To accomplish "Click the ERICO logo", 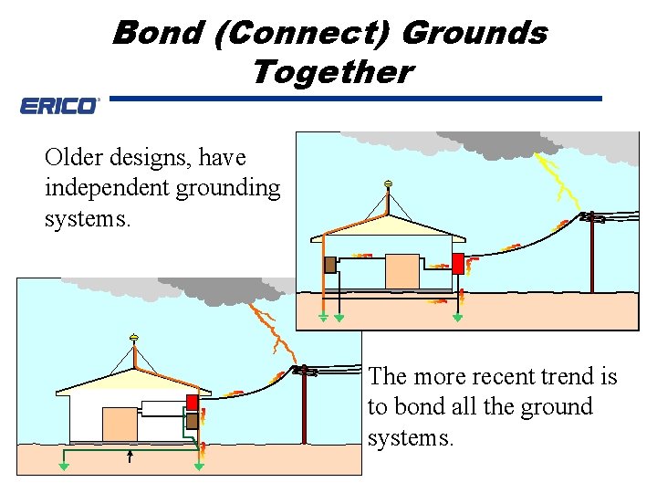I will coord(59,106).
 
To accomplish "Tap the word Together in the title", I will coord(331,71).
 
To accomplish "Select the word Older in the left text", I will coord(73,158).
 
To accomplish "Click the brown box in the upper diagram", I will coord(329,265).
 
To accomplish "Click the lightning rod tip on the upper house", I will coord(388,184).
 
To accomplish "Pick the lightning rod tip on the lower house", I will coord(133,339).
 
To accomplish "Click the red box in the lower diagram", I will coord(193,403).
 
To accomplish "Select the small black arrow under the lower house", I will coord(130,456).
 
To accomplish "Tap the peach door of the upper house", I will coord(402,271).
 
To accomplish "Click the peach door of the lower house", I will coord(119,425).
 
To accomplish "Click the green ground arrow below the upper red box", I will coord(458,319).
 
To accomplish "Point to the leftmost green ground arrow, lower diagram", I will coord(64,466).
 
